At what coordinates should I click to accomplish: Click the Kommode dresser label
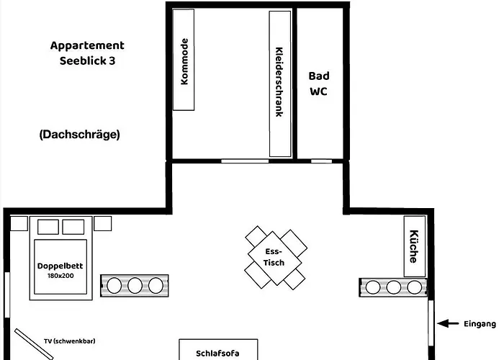click(184, 63)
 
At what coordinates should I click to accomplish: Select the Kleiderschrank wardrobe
click(280, 83)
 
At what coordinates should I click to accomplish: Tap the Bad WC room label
click(319, 84)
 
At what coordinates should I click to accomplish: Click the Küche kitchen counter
click(414, 246)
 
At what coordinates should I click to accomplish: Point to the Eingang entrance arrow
click(449, 324)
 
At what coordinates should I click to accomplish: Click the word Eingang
click(479, 324)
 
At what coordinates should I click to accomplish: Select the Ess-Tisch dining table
click(274, 257)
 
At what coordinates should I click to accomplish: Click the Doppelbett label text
click(60, 266)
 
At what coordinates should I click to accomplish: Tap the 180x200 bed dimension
click(60, 275)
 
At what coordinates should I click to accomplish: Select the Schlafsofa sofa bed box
click(217, 351)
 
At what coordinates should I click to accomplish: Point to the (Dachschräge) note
click(79, 134)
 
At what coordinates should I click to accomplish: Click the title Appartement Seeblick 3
click(86, 53)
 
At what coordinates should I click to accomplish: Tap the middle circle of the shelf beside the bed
click(135, 286)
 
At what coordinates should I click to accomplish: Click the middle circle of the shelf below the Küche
click(393, 287)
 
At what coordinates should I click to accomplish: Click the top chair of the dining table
click(256, 235)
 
